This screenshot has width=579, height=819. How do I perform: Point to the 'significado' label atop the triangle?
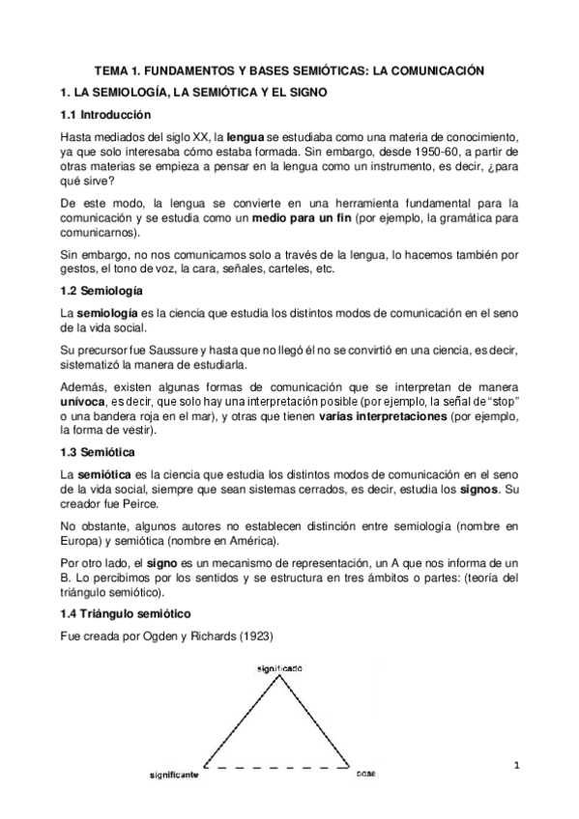coord(281,668)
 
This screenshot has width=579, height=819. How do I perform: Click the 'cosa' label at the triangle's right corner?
coord(365,775)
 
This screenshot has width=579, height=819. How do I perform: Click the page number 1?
coord(517,766)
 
